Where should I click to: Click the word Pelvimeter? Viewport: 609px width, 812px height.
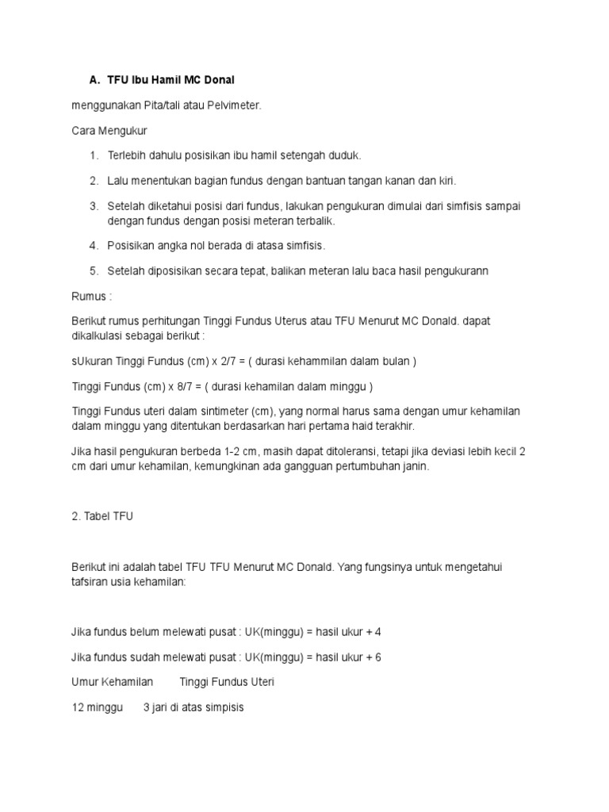click(x=233, y=105)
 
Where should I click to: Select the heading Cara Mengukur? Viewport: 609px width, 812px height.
click(x=109, y=129)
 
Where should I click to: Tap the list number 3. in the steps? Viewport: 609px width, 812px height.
click(x=93, y=206)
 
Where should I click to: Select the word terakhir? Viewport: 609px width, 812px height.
click(x=393, y=426)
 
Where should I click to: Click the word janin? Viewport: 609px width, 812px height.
click(x=415, y=466)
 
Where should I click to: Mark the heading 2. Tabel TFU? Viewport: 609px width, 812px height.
click(x=102, y=516)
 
